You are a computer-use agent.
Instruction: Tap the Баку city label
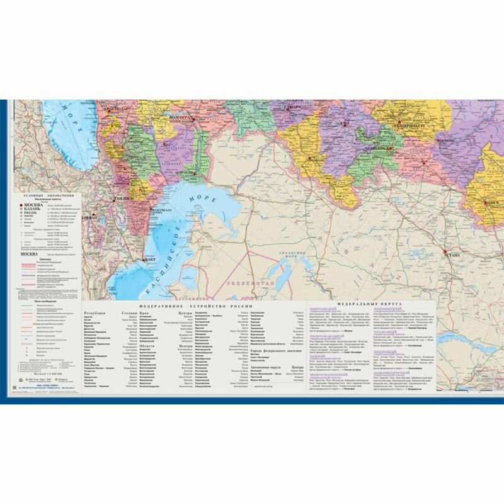tap(149, 260)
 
